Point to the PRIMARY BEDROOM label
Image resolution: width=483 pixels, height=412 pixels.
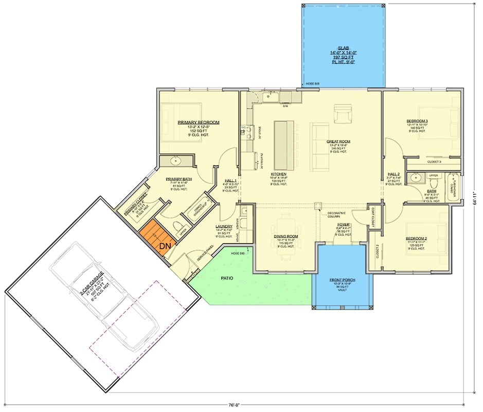[199, 123]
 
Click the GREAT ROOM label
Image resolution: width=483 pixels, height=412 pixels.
[338, 141]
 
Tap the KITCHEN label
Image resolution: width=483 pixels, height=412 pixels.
[279, 174]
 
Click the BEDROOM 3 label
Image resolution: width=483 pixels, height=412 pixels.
[417, 121]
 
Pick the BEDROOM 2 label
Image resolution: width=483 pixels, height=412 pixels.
[417, 238]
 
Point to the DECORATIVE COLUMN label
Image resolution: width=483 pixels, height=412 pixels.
[336, 213]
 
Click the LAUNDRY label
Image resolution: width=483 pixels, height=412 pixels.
[224, 226]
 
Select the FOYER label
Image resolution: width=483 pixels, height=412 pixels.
[343, 225]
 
